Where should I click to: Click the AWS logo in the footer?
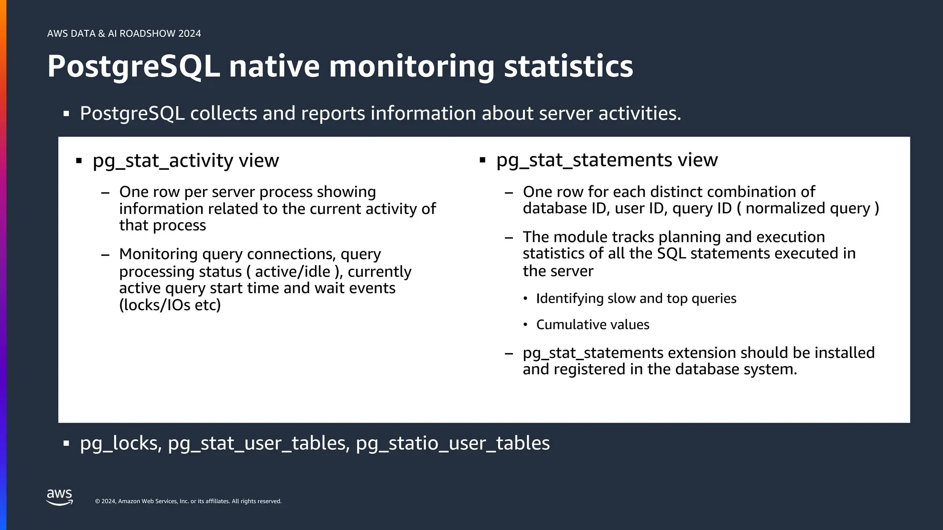coord(59,497)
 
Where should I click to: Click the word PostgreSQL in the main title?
coord(134,67)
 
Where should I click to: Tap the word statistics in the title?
coord(568,67)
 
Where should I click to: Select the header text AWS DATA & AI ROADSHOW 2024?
coord(124,34)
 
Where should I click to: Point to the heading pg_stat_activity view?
coord(186,161)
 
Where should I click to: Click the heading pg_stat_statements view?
coord(606,160)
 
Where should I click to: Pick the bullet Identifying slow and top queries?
coord(636,299)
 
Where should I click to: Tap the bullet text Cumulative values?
coord(593,325)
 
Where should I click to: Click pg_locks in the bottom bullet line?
coord(120,443)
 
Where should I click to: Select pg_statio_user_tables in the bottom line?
coord(453,443)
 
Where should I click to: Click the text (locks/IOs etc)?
coord(170,305)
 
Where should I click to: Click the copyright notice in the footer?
coord(188,501)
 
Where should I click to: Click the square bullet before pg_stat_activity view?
coord(79,161)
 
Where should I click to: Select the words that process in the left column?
coord(162,225)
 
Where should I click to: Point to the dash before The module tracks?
coord(508,237)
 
